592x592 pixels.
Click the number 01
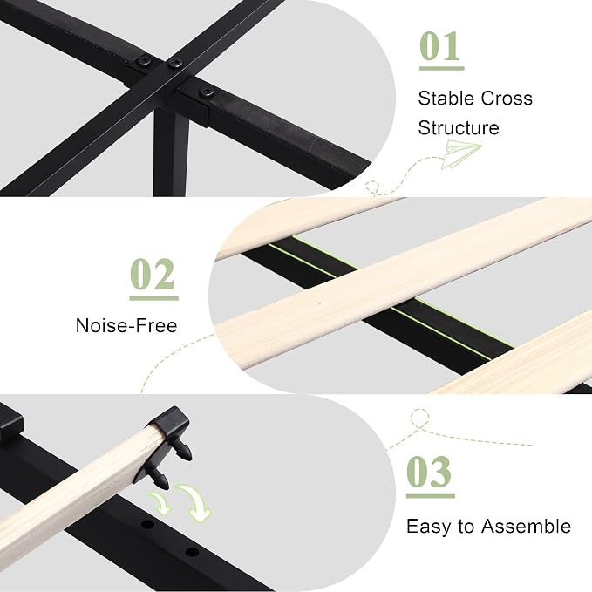tap(439, 46)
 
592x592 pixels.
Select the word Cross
tap(507, 99)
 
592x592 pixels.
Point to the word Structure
tap(459, 127)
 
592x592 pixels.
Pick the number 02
tap(153, 274)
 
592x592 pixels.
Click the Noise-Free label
tap(126, 325)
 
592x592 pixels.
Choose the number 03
tap(429, 472)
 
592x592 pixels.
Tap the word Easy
tap(429, 527)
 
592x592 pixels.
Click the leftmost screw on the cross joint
tap(144, 62)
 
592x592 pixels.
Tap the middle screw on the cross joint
tap(174, 63)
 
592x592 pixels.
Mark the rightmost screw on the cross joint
tap(207, 92)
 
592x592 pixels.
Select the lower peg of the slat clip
tap(160, 479)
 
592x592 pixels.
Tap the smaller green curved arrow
tap(160, 504)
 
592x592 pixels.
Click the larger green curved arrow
tap(196, 502)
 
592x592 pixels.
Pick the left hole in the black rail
tap(148, 524)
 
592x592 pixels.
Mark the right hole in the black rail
tap(192, 553)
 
